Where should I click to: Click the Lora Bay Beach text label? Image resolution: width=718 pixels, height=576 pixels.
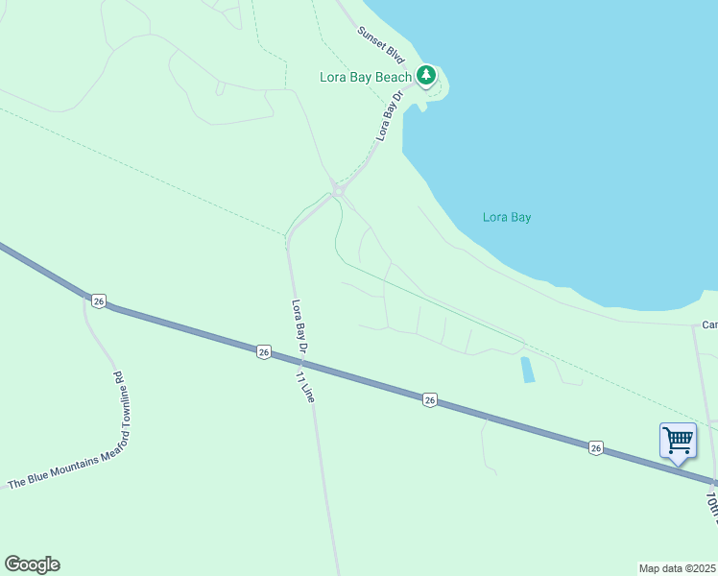[366, 77]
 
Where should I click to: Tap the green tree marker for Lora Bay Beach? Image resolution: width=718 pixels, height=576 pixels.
[426, 75]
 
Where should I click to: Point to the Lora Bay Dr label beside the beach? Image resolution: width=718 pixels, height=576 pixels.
[387, 121]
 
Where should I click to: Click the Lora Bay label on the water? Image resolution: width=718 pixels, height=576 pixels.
[507, 217]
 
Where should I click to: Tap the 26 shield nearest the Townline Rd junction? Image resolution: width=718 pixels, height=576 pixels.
[99, 300]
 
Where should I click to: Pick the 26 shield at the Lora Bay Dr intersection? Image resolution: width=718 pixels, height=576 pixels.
[264, 352]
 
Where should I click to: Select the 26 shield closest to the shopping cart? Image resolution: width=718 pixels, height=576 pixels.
[596, 447]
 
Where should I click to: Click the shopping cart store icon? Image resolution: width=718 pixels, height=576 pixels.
[678, 441]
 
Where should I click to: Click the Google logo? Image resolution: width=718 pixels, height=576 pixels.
[32, 564]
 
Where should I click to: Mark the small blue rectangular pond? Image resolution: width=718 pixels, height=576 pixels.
[527, 370]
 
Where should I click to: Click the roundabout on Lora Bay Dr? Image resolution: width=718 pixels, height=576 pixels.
[337, 191]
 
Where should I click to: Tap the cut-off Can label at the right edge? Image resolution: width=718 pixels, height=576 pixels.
[709, 324]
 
